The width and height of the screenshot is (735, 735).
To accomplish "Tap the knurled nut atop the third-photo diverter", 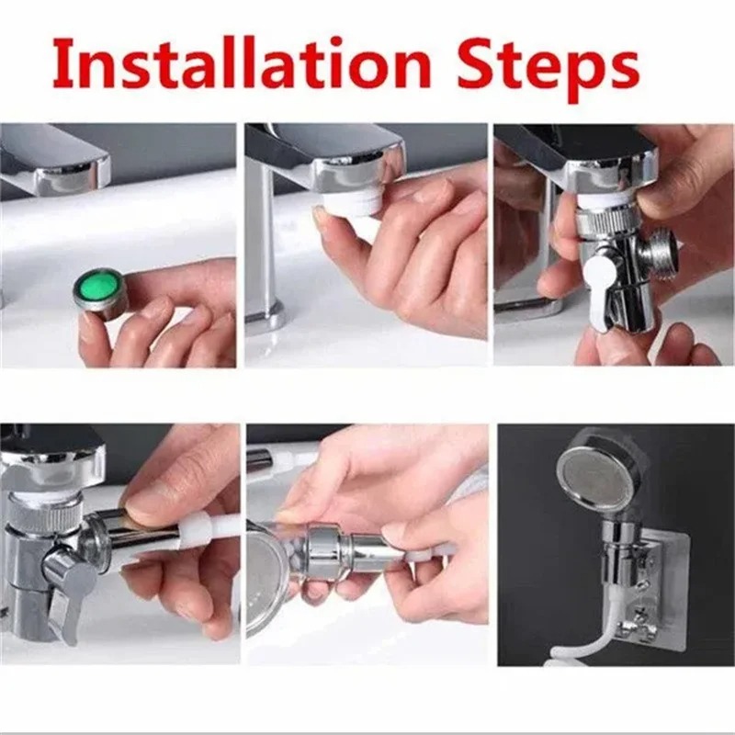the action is [605, 225].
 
